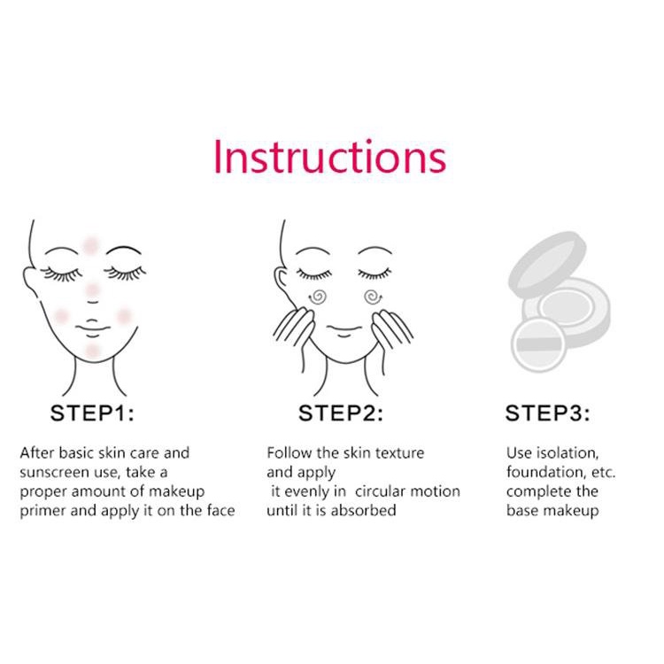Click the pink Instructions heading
[x=330, y=157]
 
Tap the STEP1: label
[x=92, y=413]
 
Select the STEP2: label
[x=341, y=413]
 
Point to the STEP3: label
[x=547, y=413]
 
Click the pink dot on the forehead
[x=90, y=245]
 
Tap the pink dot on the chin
[x=92, y=351]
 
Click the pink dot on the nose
[x=92, y=290]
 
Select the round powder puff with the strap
[x=538, y=344]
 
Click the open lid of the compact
[x=547, y=263]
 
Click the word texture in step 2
[x=400, y=453]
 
